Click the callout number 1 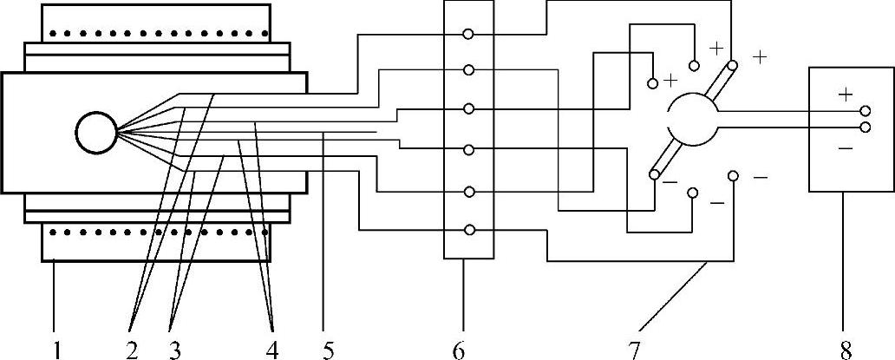coord(56,350)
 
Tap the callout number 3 coord(176,350)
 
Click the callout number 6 coord(460,350)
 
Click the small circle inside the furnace coord(95,133)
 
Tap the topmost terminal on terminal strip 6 coord(468,34)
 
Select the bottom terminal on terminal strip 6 coord(468,230)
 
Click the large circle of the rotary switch coord(692,120)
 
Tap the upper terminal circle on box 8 coord(865,111)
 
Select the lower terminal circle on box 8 coord(865,128)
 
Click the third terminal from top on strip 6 coord(468,109)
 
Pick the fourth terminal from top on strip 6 coord(468,150)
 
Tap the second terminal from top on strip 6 coord(468,69)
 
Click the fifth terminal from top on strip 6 coord(468,191)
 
